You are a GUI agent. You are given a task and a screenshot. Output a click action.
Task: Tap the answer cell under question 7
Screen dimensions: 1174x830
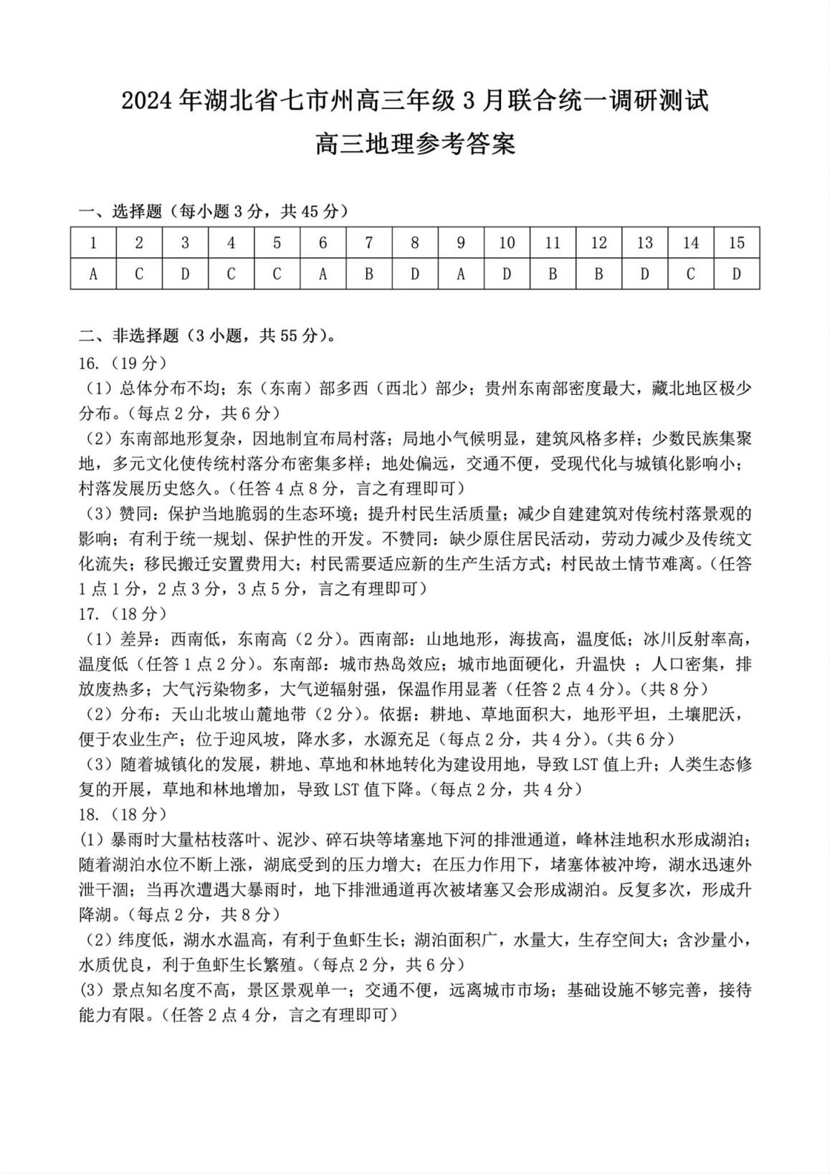(x=368, y=274)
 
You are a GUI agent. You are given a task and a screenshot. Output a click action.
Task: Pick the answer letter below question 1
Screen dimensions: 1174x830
(x=93, y=274)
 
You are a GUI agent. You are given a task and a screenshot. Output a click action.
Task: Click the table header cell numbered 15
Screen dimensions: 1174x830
(x=736, y=243)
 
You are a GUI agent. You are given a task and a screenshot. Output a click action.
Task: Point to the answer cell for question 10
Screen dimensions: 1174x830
(x=507, y=274)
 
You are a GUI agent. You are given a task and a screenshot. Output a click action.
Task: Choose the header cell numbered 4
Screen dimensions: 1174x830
(x=231, y=243)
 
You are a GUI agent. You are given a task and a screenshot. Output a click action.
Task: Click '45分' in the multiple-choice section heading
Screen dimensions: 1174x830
(x=320, y=211)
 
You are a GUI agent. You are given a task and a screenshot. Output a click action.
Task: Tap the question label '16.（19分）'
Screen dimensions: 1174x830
(x=123, y=362)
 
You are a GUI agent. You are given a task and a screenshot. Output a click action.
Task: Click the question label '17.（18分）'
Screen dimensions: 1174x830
(x=123, y=614)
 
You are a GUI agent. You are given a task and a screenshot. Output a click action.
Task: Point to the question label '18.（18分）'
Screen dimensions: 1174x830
(x=123, y=814)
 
